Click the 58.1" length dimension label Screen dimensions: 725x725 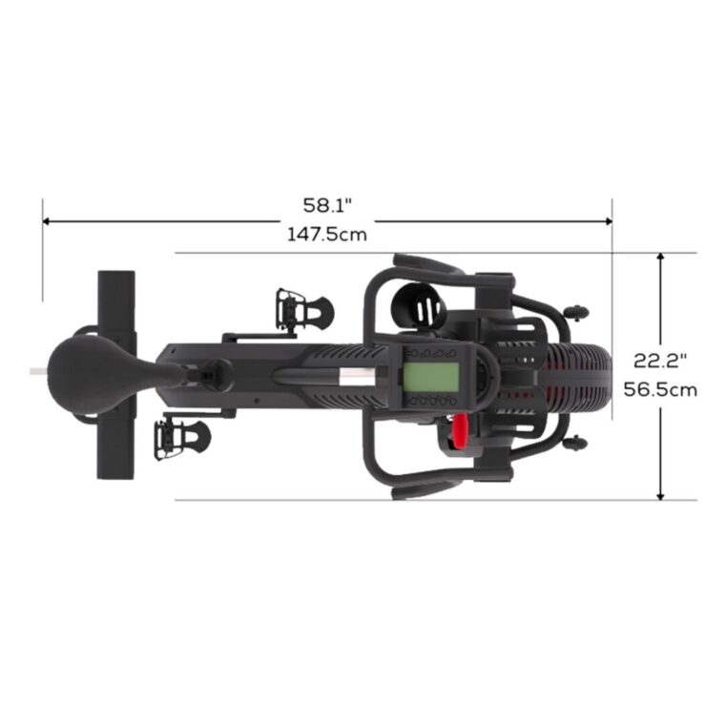pos(327,205)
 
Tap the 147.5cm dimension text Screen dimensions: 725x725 pos(327,235)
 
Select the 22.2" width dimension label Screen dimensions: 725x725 pos(660,361)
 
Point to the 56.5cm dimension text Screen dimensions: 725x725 pos(660,390)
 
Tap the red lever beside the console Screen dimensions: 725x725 pos(459,431)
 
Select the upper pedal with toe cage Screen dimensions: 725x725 pos(303,309)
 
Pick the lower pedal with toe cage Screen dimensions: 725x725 pos(182,439)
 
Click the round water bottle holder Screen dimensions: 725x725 pos(419,306)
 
